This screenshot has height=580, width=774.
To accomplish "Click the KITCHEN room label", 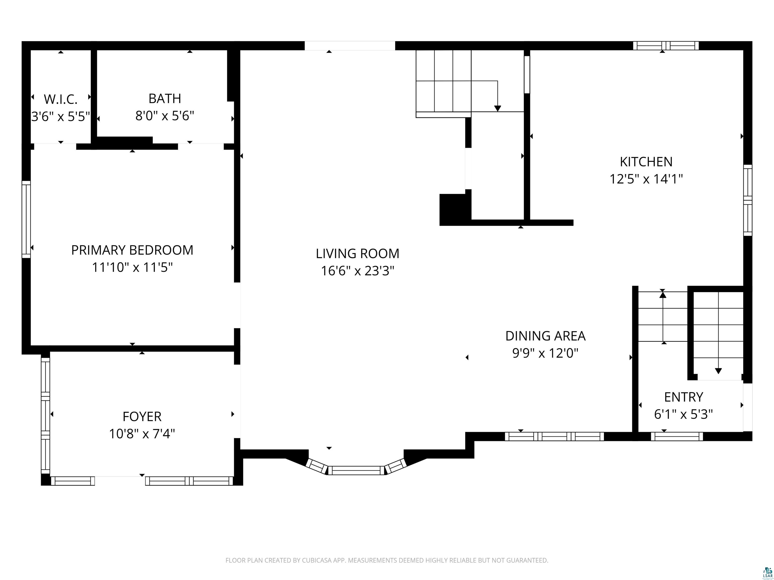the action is (646, 162).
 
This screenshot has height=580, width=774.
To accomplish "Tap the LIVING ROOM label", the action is (357, 254).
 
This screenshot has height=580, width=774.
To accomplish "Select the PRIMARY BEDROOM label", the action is (132, 250).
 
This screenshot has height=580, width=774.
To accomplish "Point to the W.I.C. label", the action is (60, 100).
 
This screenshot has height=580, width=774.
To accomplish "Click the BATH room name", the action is (165, 99).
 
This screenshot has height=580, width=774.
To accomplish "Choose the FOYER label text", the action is (142, 417).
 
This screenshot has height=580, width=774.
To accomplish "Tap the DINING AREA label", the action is (545, 336).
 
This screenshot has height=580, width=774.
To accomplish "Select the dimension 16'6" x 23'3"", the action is (358, 271).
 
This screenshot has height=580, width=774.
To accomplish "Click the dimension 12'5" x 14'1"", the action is (646, 179).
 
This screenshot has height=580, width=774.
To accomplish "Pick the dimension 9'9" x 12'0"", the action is (545, 353).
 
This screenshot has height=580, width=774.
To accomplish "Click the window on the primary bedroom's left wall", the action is (26, 220).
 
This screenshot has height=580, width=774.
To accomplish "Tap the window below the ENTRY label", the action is (677, 436).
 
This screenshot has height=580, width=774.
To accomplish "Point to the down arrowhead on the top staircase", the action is (498, 109).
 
